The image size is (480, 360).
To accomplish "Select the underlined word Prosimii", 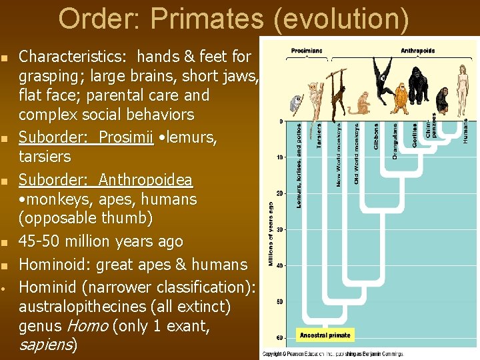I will [126, 138].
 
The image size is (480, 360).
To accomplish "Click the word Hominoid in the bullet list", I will [55, 265].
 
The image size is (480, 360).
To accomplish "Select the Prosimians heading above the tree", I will [307, 51].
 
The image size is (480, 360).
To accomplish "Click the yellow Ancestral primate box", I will [326, 335].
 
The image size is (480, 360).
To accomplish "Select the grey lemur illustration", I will [296, 103].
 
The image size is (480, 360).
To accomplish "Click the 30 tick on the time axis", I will [279, 229].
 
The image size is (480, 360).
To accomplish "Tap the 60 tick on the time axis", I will [279, 337].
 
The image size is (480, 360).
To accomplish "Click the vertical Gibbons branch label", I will [376, 135].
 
